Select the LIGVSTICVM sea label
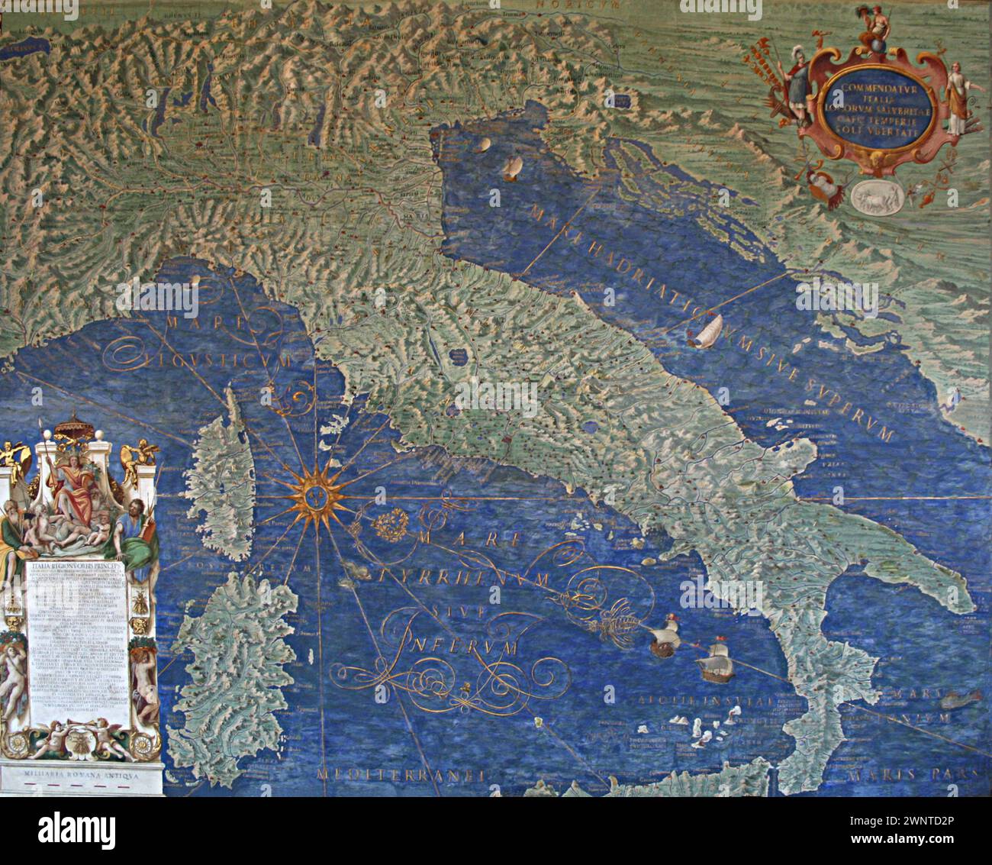point(200,356)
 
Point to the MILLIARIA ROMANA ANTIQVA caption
point(80,773)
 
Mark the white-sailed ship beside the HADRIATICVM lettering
point(706,329)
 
